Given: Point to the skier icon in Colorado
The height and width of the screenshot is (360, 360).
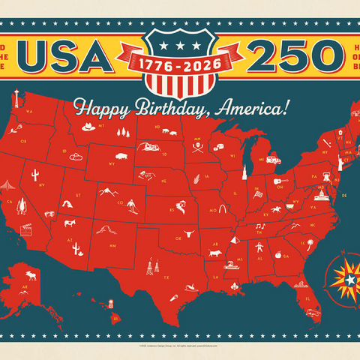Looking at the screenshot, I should coord(132,205).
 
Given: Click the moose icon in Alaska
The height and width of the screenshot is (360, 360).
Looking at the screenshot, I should coord(31,275).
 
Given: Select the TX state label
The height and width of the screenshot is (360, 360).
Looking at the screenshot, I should coord(166,277).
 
